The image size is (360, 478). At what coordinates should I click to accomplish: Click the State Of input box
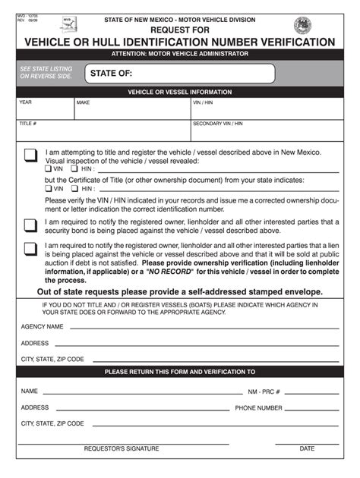(x=178, y=74)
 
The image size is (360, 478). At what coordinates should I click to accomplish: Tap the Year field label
(x=25, y=102)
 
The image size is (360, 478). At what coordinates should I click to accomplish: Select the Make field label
(x=83, y=102)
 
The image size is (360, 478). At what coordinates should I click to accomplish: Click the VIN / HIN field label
(x=203, y=102)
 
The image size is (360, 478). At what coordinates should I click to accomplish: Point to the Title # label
(x=28, y=123)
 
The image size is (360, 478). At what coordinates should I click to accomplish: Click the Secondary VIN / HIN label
(x=217, y=123)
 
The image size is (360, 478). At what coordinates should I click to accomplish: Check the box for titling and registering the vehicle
(x=30, y=156)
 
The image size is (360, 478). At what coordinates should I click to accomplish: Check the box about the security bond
(x=30, y=225)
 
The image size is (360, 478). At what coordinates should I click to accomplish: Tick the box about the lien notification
(x=30, y=249)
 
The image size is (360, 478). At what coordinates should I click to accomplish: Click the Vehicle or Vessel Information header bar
(x=180, y=90)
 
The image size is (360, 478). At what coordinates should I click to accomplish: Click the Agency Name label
(x=42, y=326)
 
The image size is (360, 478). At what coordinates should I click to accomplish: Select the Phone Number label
(x=258, y=407)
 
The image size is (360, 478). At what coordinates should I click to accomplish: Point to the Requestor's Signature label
(x=122, y=448)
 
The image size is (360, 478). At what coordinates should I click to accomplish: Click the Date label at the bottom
(x=306, y=448)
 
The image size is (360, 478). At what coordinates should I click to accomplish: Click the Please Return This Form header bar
(x=180, y=372)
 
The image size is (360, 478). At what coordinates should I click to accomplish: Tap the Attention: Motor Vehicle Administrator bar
(x=180, y=55)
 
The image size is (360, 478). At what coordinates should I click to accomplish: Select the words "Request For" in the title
(x=180, y=30)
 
